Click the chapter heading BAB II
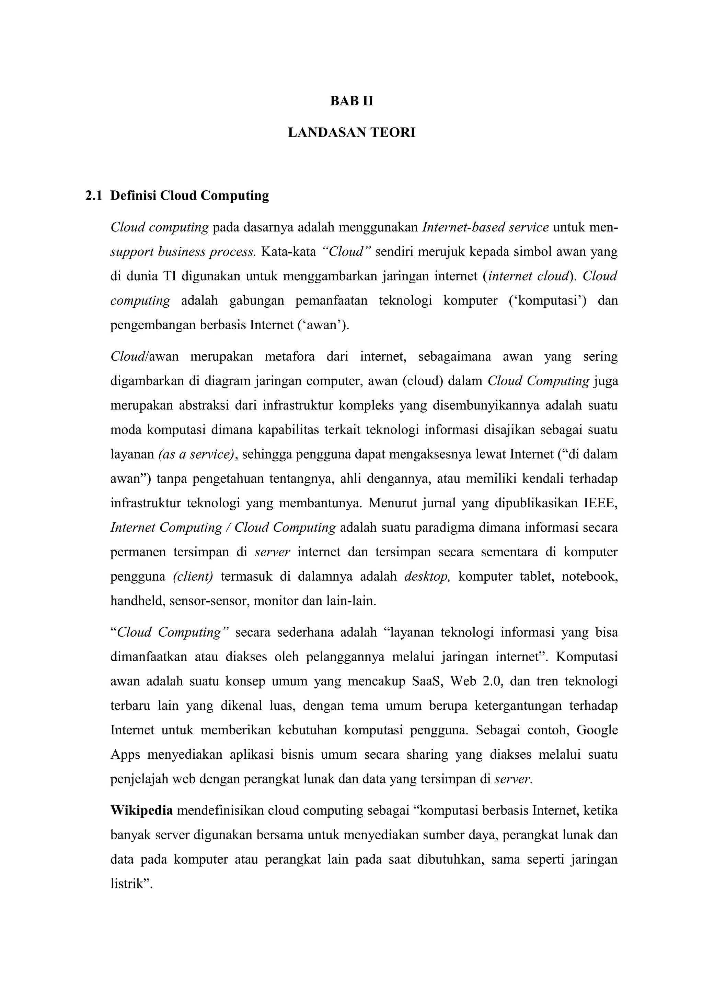tap(351, 101)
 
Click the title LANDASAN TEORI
tap(351, 132)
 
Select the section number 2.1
tap(94, 196)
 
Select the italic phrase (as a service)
tap(196, 454)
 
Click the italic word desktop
tap(427, 576)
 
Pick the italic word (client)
tap(193, 576)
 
